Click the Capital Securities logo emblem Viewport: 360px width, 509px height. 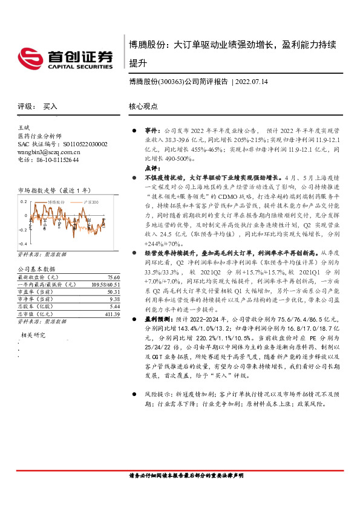(28, 59)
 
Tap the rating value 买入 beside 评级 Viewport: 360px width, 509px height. (50, 106)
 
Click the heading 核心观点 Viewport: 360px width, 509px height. (142, 106)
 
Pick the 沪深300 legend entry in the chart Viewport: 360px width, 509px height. (92, 199)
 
